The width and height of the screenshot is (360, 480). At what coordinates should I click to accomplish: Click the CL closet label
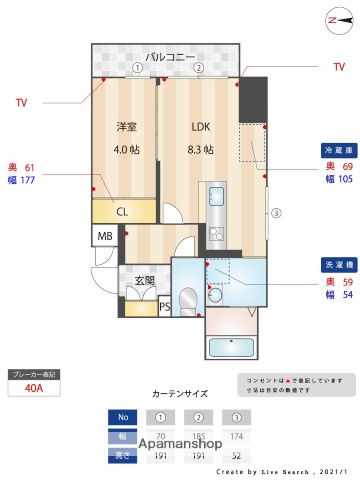[x=122, y=212]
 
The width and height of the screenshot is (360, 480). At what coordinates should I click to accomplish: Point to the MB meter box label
[x=104, y=237]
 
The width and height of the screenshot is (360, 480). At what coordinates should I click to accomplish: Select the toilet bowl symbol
[x=189, y=298]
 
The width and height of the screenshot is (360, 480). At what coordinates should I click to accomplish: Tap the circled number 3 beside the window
[x=275, y=212]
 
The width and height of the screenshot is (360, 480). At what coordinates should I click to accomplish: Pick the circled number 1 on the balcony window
[x=137, y=68]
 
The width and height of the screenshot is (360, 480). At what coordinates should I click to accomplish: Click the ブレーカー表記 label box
[x=34, y=373]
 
